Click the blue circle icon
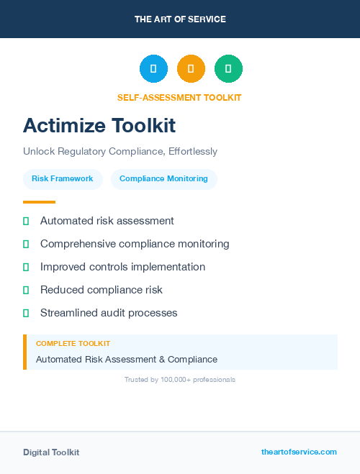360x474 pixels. tap(153, 69)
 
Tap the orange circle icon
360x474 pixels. tap(191, 69)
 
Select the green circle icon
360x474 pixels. tap(228, 69)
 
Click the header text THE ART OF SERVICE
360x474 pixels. tap(180, 19)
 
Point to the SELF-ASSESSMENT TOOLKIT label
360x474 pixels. tap(179, 98)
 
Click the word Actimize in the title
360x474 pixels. tap(63, 126)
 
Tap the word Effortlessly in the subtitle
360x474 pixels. tap(192, 152)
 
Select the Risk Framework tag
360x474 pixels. tap(63, 179)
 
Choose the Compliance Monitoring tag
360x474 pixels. tap(163, 179)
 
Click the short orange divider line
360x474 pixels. tap(39, 202)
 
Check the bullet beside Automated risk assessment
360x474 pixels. tap(26, 221)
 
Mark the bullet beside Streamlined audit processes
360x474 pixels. tap(26, 313)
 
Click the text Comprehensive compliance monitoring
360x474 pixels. tap(135, 244)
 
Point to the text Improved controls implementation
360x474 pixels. tap(122, 267)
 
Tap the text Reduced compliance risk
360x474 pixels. tap(102, 290)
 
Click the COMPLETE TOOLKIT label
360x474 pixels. tap(73, 344)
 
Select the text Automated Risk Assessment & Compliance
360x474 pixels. tap(127, 360)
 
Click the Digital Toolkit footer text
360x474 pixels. tap(51, 452)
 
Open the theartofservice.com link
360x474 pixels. tap(299, 452)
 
